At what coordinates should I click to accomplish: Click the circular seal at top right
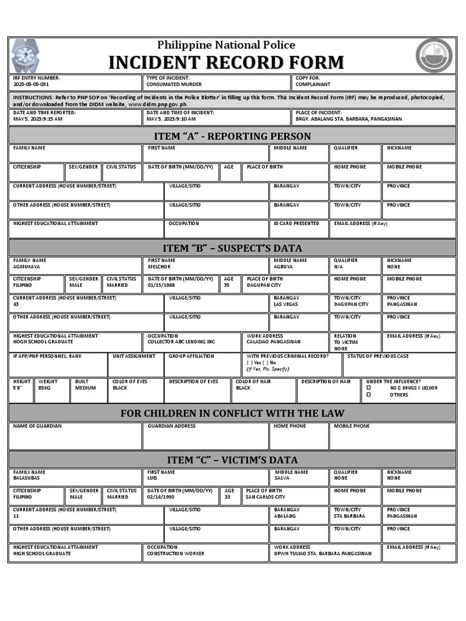(x=434, y=56)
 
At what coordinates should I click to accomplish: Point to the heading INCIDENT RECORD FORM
(x=226, y=62)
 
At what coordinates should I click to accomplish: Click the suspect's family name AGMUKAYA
(x=27, y=267)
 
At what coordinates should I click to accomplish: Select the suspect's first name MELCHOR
(x=160, y=267)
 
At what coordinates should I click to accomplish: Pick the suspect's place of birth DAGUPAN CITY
(x=264, y=285)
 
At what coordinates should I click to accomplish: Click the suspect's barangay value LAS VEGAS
(x=286, y=304)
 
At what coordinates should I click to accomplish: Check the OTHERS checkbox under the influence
(x=368, y=395)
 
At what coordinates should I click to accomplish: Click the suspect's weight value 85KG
(x=44, y=388)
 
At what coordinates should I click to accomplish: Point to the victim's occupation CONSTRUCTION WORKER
(x=175, y=554)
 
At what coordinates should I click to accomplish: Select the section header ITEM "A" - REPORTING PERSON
(x=233, y=136)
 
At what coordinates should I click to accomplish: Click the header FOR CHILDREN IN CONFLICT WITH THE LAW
(x=233, y=413)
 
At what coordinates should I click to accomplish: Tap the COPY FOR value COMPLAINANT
(x=313, y=85)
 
